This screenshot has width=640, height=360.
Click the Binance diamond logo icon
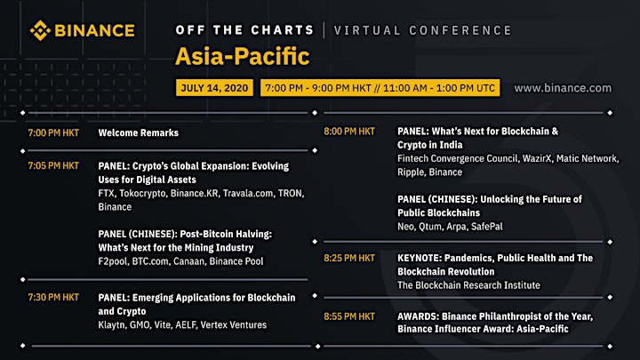point(40,30)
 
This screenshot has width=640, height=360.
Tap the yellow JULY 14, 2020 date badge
point(214,88)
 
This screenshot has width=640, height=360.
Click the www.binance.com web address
point(563,88)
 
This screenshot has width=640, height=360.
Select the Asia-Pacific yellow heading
point(243,56)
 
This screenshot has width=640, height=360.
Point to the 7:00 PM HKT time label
point(53,132)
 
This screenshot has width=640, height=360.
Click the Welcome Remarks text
point(139,132)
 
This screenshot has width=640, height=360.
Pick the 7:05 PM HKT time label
point(53,165)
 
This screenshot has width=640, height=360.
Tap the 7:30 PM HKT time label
point(53,297)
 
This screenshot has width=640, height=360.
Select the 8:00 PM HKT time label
point(349,132)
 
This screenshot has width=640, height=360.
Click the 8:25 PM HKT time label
point(349,258)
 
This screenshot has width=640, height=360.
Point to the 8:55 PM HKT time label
point(349,316)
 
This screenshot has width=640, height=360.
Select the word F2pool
point(112,261)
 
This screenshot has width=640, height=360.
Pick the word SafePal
point(487,227)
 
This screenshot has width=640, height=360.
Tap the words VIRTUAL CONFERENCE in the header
point(422,30)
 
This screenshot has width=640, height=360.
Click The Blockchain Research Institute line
point(468,285)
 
